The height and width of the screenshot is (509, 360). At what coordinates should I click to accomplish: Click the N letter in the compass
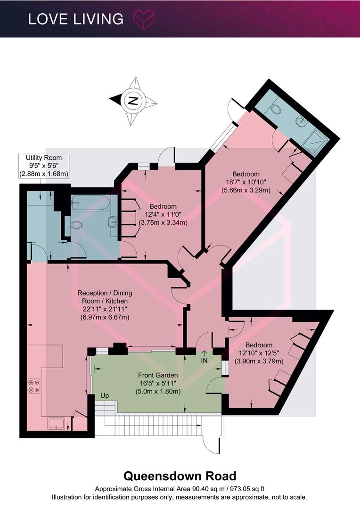132,101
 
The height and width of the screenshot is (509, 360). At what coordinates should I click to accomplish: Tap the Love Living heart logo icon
144,19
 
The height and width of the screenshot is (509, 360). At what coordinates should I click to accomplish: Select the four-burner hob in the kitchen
34,386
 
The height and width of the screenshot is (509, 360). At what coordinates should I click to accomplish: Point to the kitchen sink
57,423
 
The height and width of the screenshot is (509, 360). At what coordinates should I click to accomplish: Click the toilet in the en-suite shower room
275,109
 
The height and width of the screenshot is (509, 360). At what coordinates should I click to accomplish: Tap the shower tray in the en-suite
315,141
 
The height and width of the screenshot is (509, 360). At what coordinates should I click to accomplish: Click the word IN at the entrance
204,361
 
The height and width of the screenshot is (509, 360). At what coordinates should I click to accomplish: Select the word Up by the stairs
105,396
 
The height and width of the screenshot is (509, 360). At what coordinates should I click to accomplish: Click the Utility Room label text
43,158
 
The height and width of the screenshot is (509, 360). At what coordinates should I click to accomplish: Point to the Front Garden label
158,375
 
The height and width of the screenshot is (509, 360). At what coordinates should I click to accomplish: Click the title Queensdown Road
180,476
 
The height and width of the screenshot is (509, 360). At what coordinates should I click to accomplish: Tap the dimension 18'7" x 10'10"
246,182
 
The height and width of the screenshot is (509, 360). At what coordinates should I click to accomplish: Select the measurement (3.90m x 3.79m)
259,361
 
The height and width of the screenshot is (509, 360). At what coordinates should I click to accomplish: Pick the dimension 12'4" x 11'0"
163,214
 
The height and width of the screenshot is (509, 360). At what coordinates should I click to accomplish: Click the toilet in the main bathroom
76,224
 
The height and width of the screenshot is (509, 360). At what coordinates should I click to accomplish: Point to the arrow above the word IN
204,353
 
